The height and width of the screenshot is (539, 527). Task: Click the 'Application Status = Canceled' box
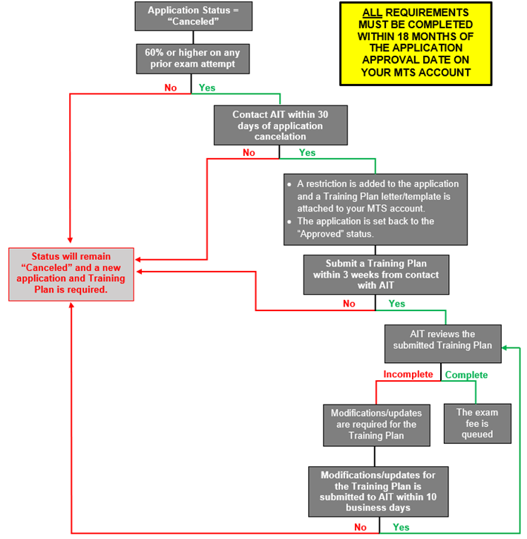click(x=194, y=16)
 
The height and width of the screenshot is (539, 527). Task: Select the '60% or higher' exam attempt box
click(x=194, y=58)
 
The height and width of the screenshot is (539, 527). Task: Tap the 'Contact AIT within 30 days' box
click(x=280, y=125)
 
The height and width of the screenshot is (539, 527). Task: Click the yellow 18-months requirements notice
click(x=416, y=42)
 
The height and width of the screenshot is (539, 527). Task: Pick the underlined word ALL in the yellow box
click(x=373, y=13)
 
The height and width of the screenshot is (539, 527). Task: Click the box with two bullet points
click(x=376, y=209)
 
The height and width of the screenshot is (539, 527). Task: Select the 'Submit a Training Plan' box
click(x=376, y=275)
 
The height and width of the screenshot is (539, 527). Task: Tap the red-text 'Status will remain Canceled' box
click(x=71, y=274)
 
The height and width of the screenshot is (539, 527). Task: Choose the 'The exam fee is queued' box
click(x=477, y=423)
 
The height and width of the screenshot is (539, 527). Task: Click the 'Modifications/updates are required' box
click(x=376, y=425)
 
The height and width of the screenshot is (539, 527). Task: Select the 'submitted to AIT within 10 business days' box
click(x=379, y=491)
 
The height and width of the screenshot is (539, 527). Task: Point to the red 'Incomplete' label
click(x=407, y=375)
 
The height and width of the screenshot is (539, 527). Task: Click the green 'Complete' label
click(x=466, y=375)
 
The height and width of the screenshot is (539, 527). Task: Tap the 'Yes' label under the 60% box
click(x=207, y=88)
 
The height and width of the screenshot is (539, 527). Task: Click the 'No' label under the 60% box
click(x=171, y=88)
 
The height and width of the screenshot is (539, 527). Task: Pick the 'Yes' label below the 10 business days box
click(x=401, y=527)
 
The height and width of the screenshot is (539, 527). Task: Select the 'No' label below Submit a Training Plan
click(x=349, y=304)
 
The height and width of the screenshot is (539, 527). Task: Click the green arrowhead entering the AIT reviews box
click(x=505, y=346)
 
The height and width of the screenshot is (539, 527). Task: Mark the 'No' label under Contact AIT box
click(x=249, y=153)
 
